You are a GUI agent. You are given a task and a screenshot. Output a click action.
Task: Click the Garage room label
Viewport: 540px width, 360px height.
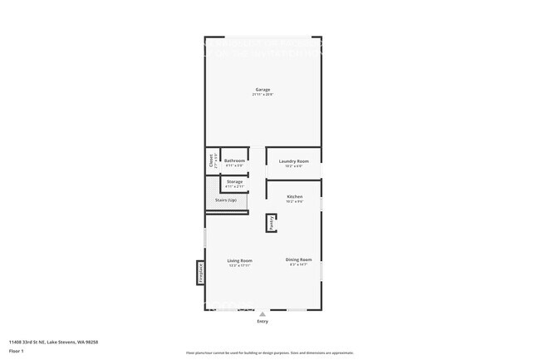tap(263, 90)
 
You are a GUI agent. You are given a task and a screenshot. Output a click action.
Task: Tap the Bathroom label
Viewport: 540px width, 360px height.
tap(234, 160)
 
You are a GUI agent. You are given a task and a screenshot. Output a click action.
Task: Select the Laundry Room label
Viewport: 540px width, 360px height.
tap(293, 160)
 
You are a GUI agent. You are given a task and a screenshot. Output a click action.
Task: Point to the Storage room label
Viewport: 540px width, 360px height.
tap(234, 181)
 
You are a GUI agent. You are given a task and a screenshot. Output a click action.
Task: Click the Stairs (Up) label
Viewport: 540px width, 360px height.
tap(226, 200)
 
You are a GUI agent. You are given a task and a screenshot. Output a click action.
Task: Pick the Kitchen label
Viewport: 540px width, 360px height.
tap(294, 196)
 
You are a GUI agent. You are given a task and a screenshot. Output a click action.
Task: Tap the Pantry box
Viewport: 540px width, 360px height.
tap(271, 223)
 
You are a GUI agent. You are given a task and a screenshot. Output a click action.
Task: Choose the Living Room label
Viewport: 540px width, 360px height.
tap(239, 260)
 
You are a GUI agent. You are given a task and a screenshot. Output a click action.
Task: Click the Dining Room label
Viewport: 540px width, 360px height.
tap(298, 259)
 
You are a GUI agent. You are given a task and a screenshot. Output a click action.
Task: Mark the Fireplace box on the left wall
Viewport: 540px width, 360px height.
tap(200, 273)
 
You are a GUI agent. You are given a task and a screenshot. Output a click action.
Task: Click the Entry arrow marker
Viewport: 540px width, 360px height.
tap(263, 313)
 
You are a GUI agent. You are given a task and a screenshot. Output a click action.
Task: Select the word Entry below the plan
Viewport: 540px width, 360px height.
tap(263, 321)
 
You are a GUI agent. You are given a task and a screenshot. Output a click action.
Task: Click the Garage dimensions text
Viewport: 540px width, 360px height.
tap(263, 95)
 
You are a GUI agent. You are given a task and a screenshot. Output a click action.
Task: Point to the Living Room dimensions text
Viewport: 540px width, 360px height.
tap(239, 265)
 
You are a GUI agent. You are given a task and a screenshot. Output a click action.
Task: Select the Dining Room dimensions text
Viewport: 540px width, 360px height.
tap(298, 264)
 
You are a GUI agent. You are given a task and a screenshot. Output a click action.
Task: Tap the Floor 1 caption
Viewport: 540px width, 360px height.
tap(17, 352)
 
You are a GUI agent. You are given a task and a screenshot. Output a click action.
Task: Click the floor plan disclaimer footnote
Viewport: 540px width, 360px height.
tap(270, 353)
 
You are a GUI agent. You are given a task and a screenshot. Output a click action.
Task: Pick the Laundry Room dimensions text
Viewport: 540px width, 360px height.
tap(293, 165)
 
